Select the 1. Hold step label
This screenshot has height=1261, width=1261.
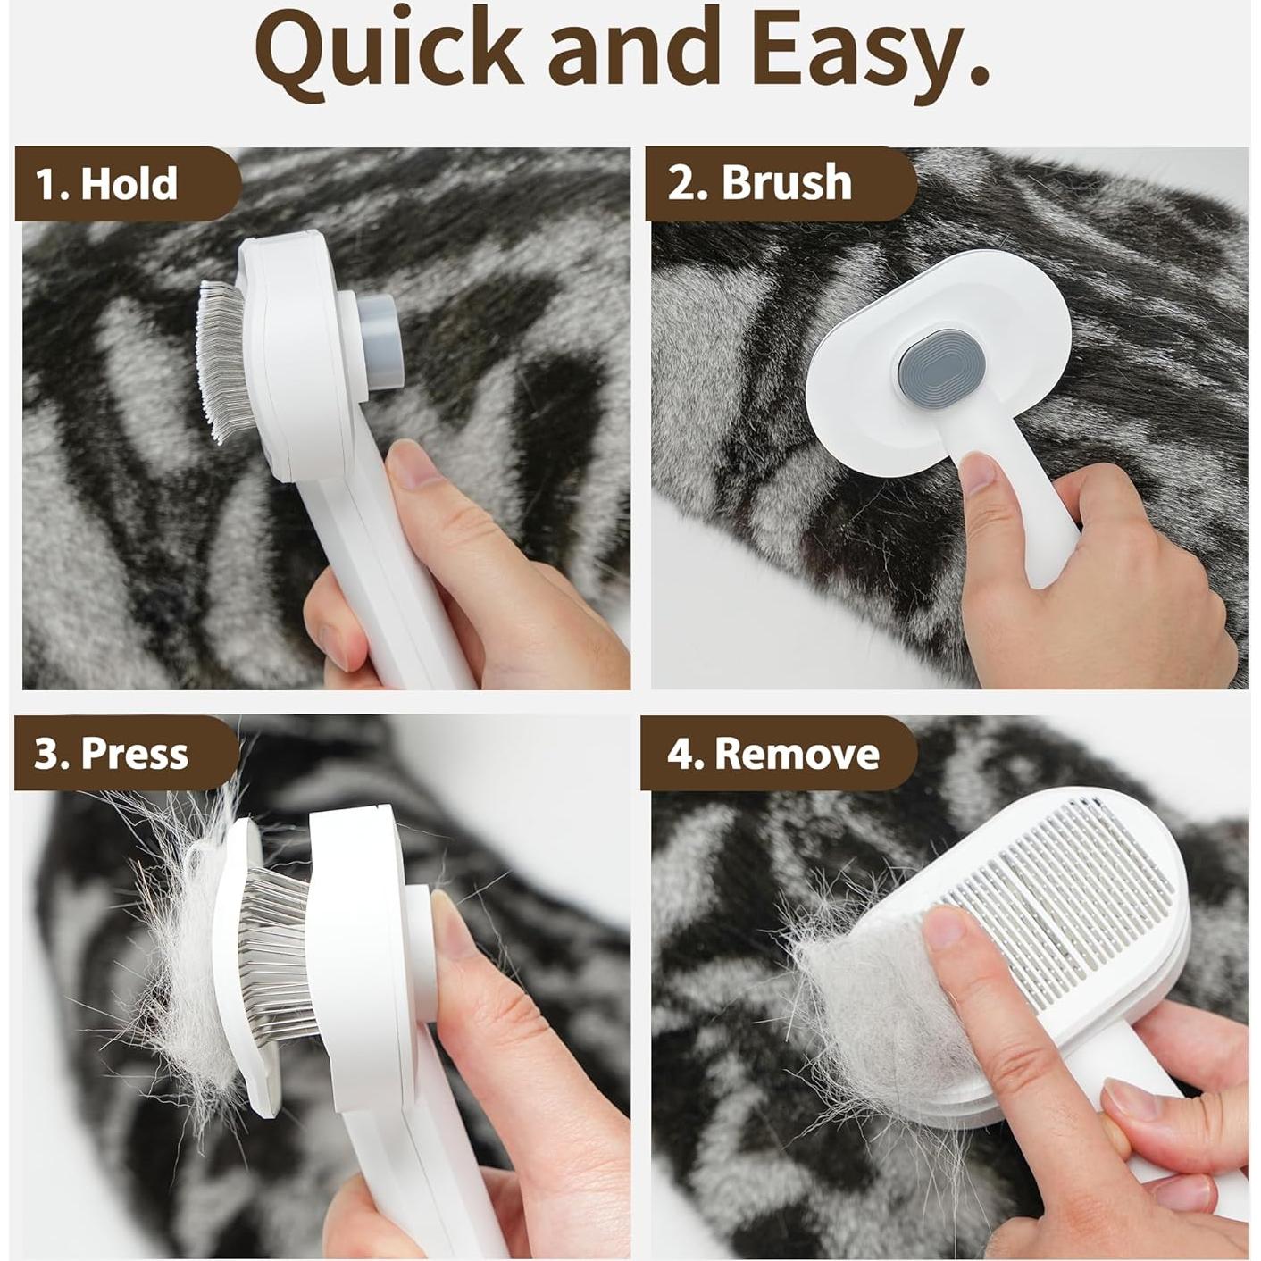point(107,184)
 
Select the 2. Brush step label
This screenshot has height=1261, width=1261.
point(760,183)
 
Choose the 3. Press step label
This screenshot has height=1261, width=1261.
point(112,754)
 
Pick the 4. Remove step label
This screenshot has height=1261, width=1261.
point(773,754)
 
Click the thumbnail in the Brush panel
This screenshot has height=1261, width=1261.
point(981,472)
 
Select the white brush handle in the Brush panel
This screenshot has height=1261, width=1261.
point(1040,527)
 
